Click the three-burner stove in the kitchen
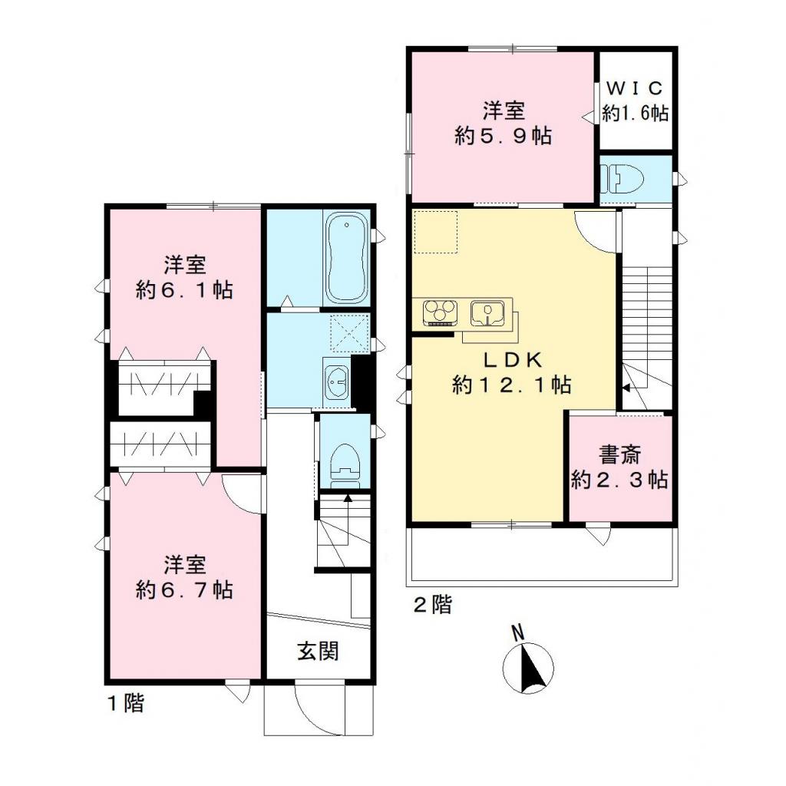pyautogui.click(x=440, y=312)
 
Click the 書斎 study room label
pyautogui.click(x=619, y=456)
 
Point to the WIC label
pyautogui.click(x=635, y=87)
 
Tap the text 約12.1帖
pyautogui.click(x=511, y=385)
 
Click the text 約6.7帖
pyautogui.click(x=184, y=589)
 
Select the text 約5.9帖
pyautogui.click(x=504, y=136)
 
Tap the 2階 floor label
pyautogui.click(x=433, y=605)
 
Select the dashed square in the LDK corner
pyautogui.click(x=435, y=231)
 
